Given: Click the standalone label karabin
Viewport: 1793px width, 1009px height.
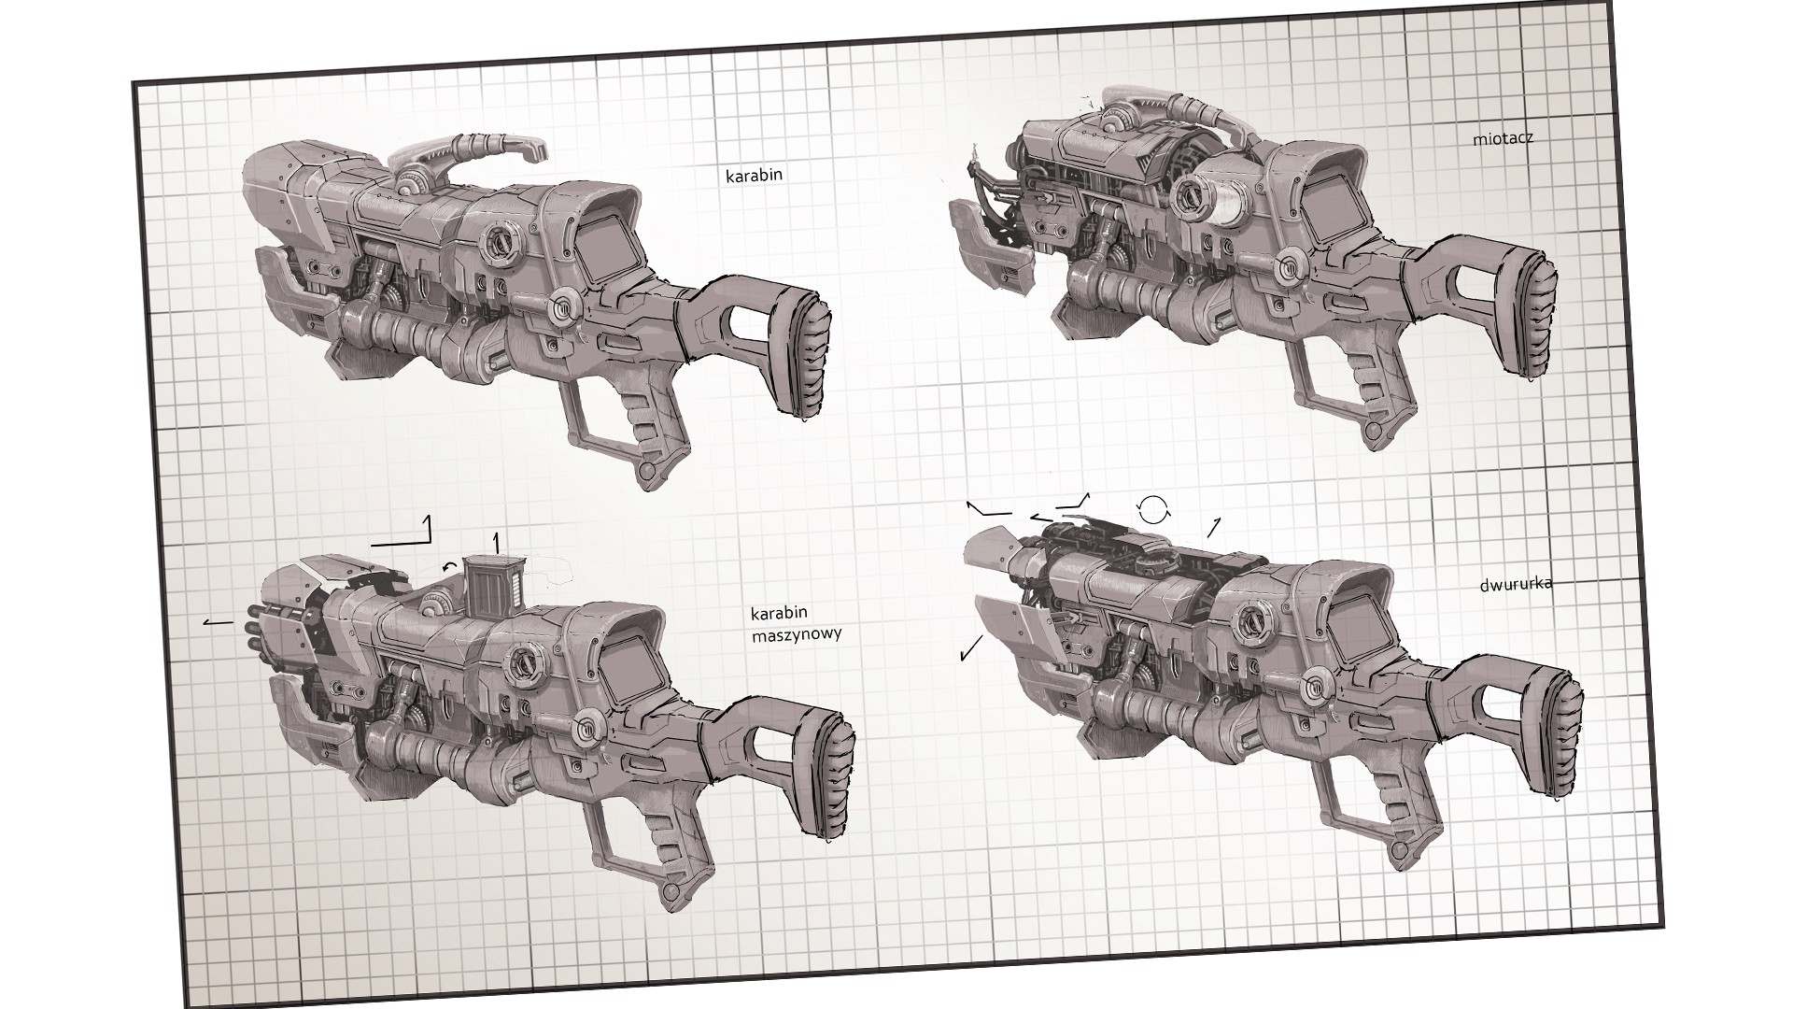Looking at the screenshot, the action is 754,175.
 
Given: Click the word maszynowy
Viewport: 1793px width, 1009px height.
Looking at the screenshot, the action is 796,634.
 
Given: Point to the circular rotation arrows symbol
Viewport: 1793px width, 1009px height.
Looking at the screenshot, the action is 1153,508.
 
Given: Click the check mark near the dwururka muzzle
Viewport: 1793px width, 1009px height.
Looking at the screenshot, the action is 971,647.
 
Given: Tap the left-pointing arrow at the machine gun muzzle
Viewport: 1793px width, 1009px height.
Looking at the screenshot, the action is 219,619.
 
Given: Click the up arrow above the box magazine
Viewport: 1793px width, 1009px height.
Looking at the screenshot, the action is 496,541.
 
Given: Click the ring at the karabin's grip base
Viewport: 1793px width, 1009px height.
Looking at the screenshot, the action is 645,469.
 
